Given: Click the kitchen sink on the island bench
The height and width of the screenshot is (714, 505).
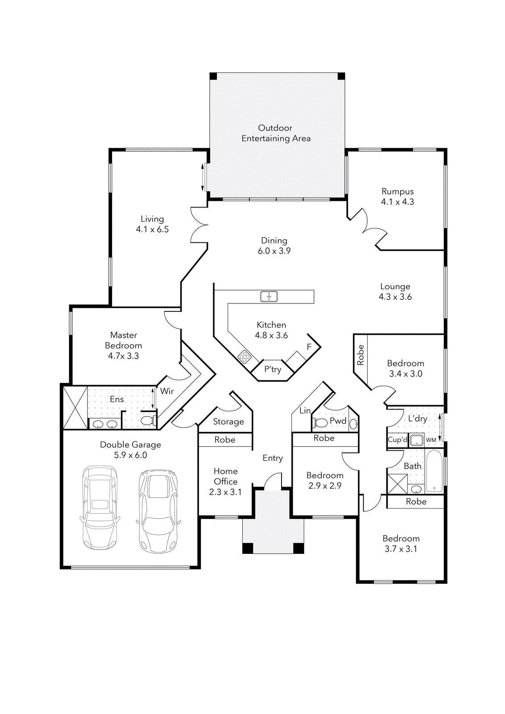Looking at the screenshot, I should point(269,296).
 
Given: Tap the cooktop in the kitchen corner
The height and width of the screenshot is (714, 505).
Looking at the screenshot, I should point(244,356).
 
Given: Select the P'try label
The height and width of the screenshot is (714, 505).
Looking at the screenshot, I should point(273,369).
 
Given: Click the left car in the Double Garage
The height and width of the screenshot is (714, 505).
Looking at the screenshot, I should point(100,508).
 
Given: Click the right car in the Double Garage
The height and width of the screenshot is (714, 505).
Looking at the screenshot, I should point(158,511).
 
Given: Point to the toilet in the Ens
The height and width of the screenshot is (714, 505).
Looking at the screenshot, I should point(148,420).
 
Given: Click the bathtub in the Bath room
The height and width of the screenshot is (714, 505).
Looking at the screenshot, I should point(434,471).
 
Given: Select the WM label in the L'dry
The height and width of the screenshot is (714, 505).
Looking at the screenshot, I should point(431,440).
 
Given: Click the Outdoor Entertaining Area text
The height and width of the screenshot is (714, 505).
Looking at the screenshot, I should point(276,133).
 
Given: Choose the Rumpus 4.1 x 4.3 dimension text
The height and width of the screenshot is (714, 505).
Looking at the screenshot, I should point(397,202).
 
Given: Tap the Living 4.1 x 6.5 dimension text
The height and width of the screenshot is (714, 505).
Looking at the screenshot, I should point(152,230).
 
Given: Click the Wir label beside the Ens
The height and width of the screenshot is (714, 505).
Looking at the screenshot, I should point(167,391).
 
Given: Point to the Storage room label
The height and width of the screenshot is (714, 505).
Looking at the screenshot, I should point(228,422).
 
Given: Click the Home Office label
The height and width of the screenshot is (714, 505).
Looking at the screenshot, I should point(226,476).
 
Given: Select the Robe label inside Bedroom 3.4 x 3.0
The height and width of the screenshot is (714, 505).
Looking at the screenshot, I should point(360,355).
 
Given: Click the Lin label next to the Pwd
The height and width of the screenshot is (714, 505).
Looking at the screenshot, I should point(305,411).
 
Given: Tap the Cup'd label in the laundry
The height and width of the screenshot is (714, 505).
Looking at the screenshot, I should point(397,440).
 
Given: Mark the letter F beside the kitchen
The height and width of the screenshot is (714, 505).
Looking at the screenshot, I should point(309,347).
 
